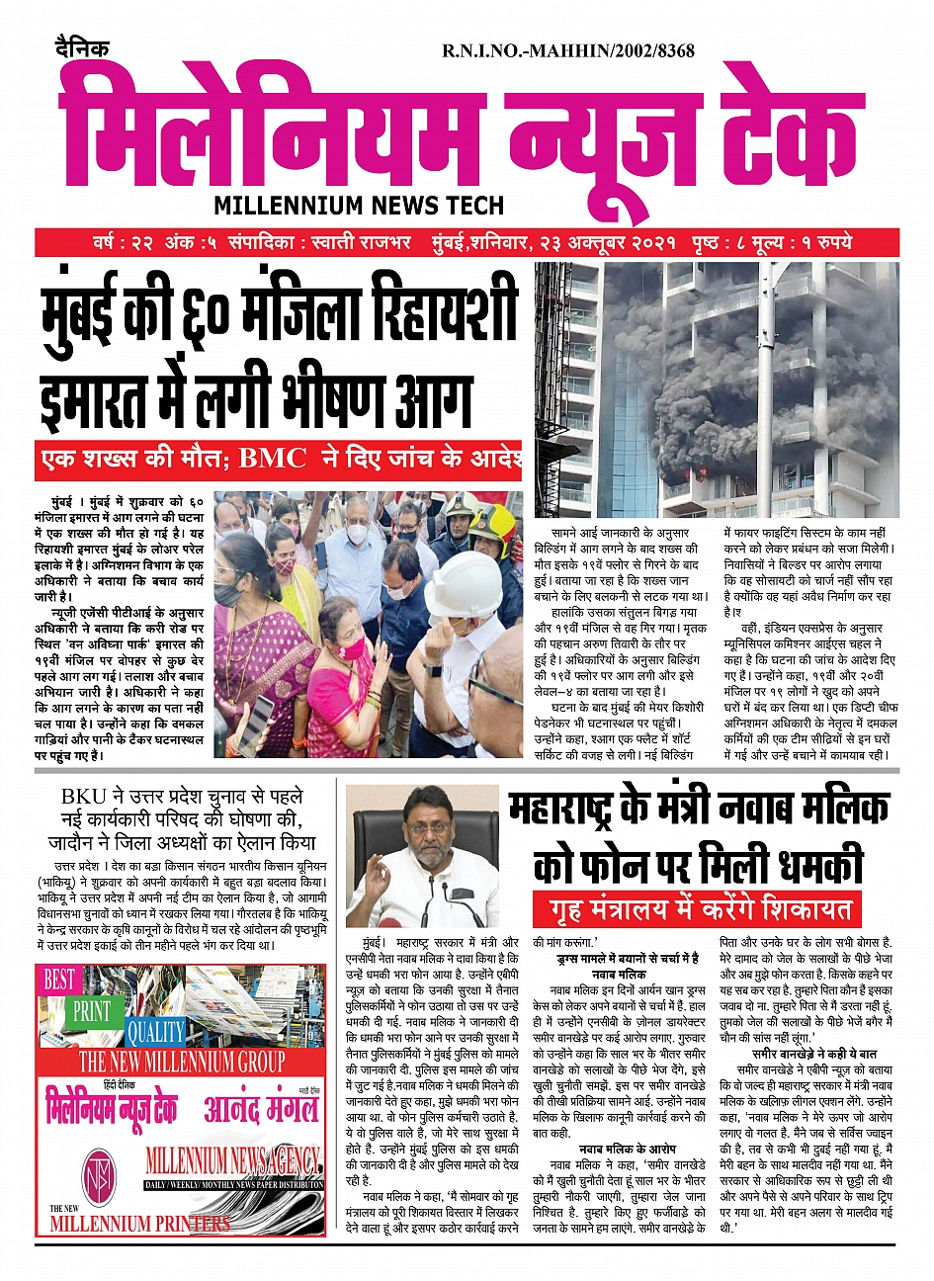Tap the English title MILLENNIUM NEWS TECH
359,206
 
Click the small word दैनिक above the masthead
82,47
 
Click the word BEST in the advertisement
59,980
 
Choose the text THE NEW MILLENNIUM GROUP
182,1063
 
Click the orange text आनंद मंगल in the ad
261,1109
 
